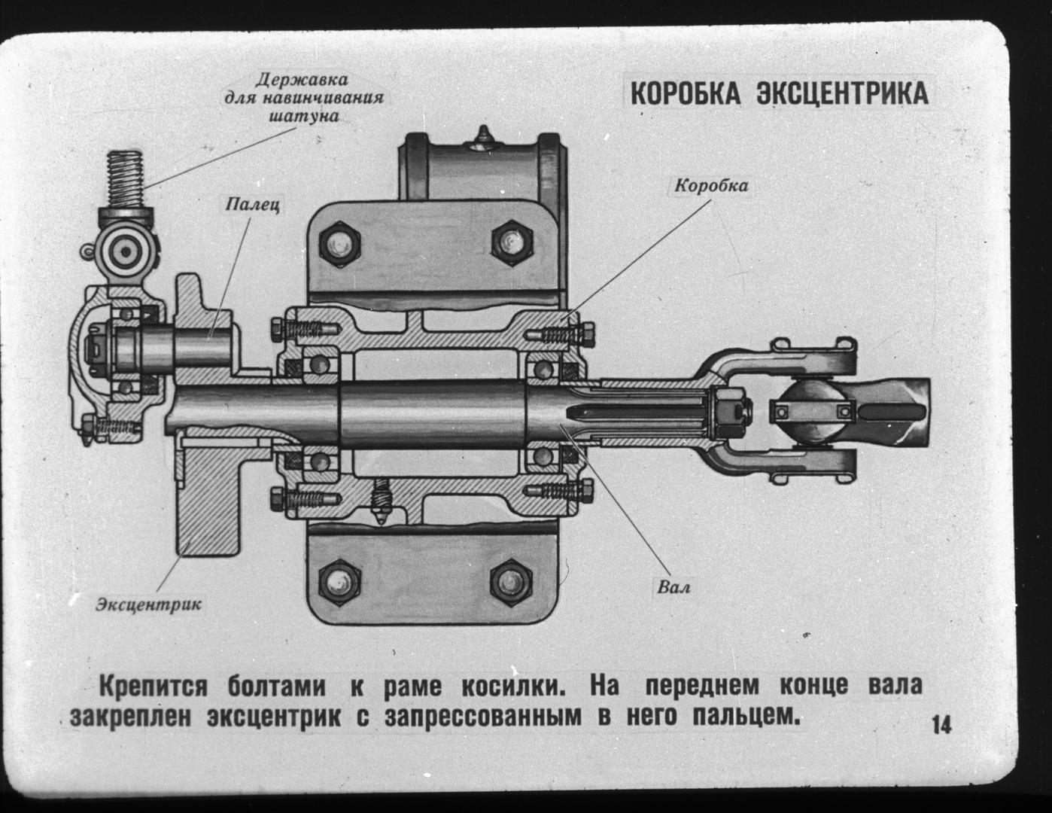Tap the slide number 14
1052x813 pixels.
click(941, 726)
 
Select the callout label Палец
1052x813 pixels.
click(252, 204)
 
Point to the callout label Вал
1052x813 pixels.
click(673, 586)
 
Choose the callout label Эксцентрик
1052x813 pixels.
click(150, 604)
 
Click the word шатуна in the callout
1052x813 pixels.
click(304, 117)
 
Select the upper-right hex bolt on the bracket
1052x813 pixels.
click(513, 242)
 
